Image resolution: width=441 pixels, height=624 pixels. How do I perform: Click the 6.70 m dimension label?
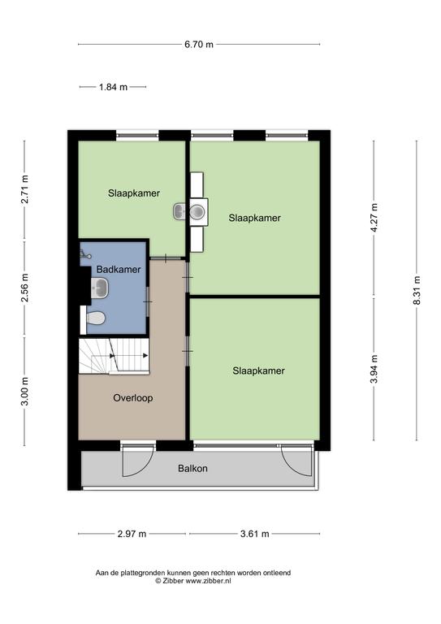(x=199, y=45)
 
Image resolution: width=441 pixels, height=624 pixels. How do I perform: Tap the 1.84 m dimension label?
(x=113, y=87)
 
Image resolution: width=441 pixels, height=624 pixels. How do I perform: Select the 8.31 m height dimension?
(x=417, y=291)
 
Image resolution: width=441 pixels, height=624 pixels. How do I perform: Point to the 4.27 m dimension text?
(x=374, y=218)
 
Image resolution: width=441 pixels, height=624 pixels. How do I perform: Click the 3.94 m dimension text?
(x=374, y=369)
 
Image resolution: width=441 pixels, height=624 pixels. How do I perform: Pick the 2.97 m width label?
(x=132, y=534)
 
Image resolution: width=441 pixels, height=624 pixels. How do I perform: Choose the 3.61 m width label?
(x=254, y=534)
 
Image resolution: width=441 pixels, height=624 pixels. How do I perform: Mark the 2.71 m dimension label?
(x=24, y=189)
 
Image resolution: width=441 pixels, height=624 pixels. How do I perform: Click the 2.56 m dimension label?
(x=24, y=288)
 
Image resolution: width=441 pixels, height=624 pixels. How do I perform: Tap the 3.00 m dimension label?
(x=24, y=391)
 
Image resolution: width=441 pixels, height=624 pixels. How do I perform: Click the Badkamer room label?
(x=119, y=270)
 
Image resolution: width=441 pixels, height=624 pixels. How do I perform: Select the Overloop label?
(x=133, y=398)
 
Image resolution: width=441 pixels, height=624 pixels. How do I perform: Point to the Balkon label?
(x=192, y=468)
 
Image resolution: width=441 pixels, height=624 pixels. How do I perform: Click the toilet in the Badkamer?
(x=96, y=318)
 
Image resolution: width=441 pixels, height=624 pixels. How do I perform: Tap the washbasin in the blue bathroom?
(x=100, y=288)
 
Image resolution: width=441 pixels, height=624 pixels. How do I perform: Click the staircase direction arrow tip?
(x=148, y=355)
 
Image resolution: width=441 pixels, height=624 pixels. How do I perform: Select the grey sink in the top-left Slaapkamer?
(x=179, y=211)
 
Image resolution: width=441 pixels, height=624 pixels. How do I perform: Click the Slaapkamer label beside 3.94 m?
(x=258, y=370)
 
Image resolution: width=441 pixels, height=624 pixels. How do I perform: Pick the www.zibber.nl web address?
(x=209, y=581)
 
